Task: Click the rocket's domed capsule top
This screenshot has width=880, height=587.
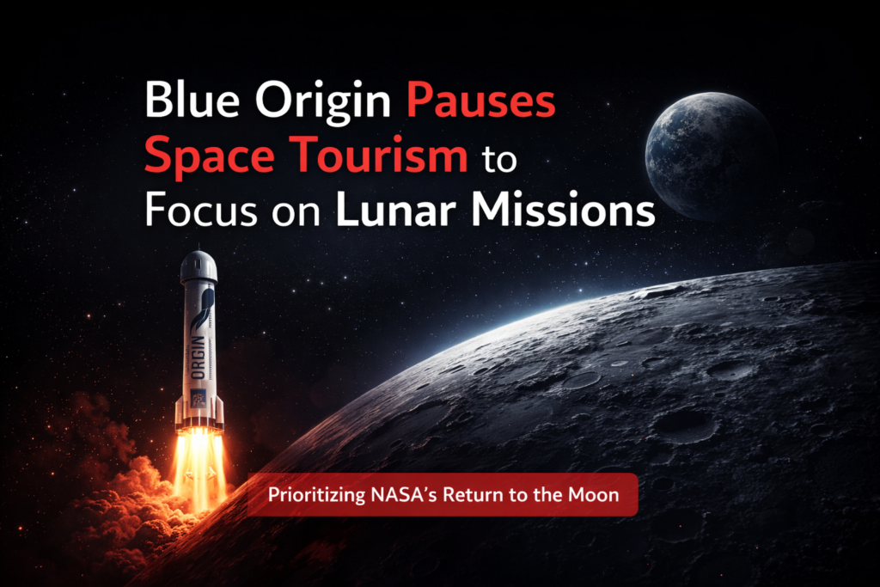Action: click(199, 267)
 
